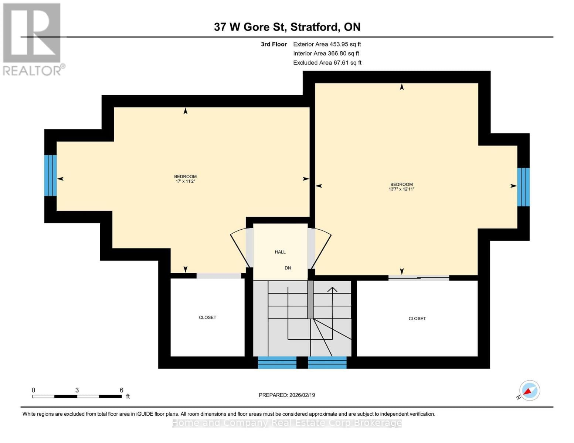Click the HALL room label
280,252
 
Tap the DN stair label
288,268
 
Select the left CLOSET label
207,317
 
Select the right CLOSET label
417,319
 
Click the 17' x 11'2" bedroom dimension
185,182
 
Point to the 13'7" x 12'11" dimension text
401,189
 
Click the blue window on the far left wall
50,175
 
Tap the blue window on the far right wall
523,187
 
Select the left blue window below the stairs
277,363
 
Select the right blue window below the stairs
327,363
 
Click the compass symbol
529,391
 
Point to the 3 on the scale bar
77,390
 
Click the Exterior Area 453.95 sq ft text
327,44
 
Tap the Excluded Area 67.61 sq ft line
327,63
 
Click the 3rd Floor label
274,44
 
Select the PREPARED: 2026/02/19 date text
287,395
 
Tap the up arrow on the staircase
332,290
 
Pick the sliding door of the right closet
418,278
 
